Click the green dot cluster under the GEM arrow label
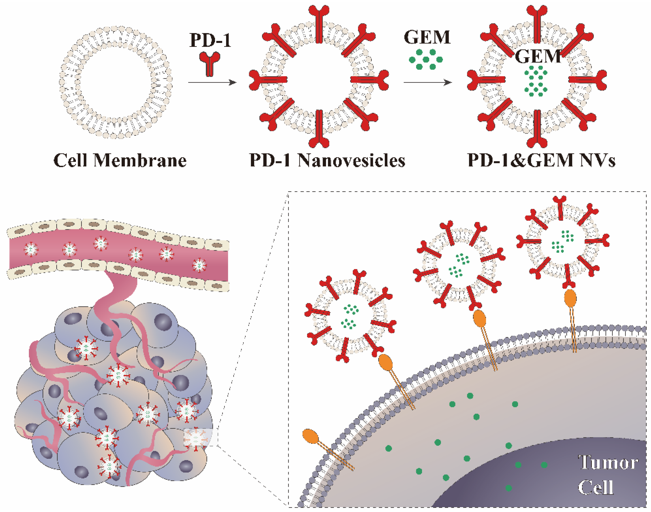pyautogui.click(x=426, y=60)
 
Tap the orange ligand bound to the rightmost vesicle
pyautogui.click(x=570, y=298)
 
